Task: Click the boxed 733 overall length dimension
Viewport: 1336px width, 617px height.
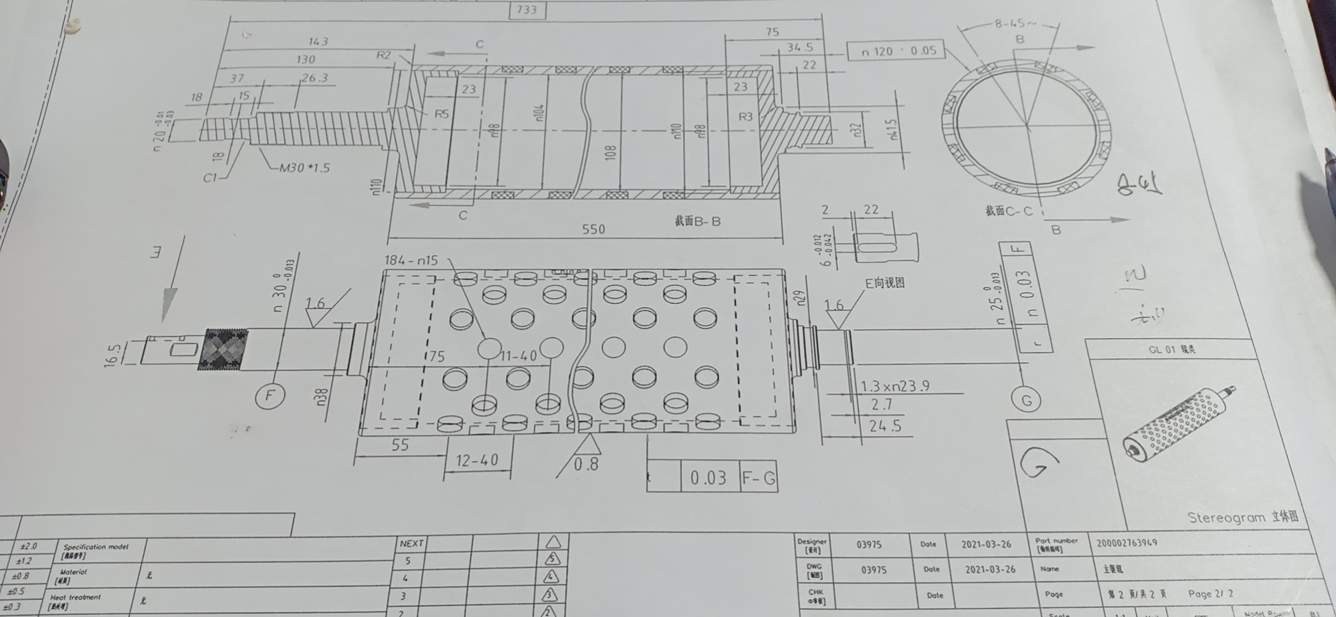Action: point(527,10)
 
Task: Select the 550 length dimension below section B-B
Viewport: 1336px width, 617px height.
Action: point(593,229)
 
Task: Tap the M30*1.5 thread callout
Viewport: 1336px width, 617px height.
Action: point(305,168)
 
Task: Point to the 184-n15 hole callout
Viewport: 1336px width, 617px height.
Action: point(411,260)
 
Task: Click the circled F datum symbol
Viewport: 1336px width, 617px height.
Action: point(269,396)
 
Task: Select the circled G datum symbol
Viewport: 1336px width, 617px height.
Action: point(1026,400)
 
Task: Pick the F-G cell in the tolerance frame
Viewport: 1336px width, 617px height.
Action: point(758,478)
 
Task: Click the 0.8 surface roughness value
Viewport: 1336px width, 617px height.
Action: point(586,464)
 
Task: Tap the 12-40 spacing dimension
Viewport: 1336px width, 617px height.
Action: point(477,460)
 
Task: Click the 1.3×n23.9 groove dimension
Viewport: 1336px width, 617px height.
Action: point(895,386)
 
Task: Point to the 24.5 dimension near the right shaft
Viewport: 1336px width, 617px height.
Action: point(884,426)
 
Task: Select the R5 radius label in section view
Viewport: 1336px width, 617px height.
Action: point(441,114)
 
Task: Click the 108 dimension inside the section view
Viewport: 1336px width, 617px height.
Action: point(611,152)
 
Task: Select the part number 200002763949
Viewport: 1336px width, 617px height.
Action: point(1127,543)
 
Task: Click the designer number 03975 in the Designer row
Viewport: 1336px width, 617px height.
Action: point(869,545)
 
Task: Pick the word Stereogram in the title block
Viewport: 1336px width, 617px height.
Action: point(1225,518)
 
